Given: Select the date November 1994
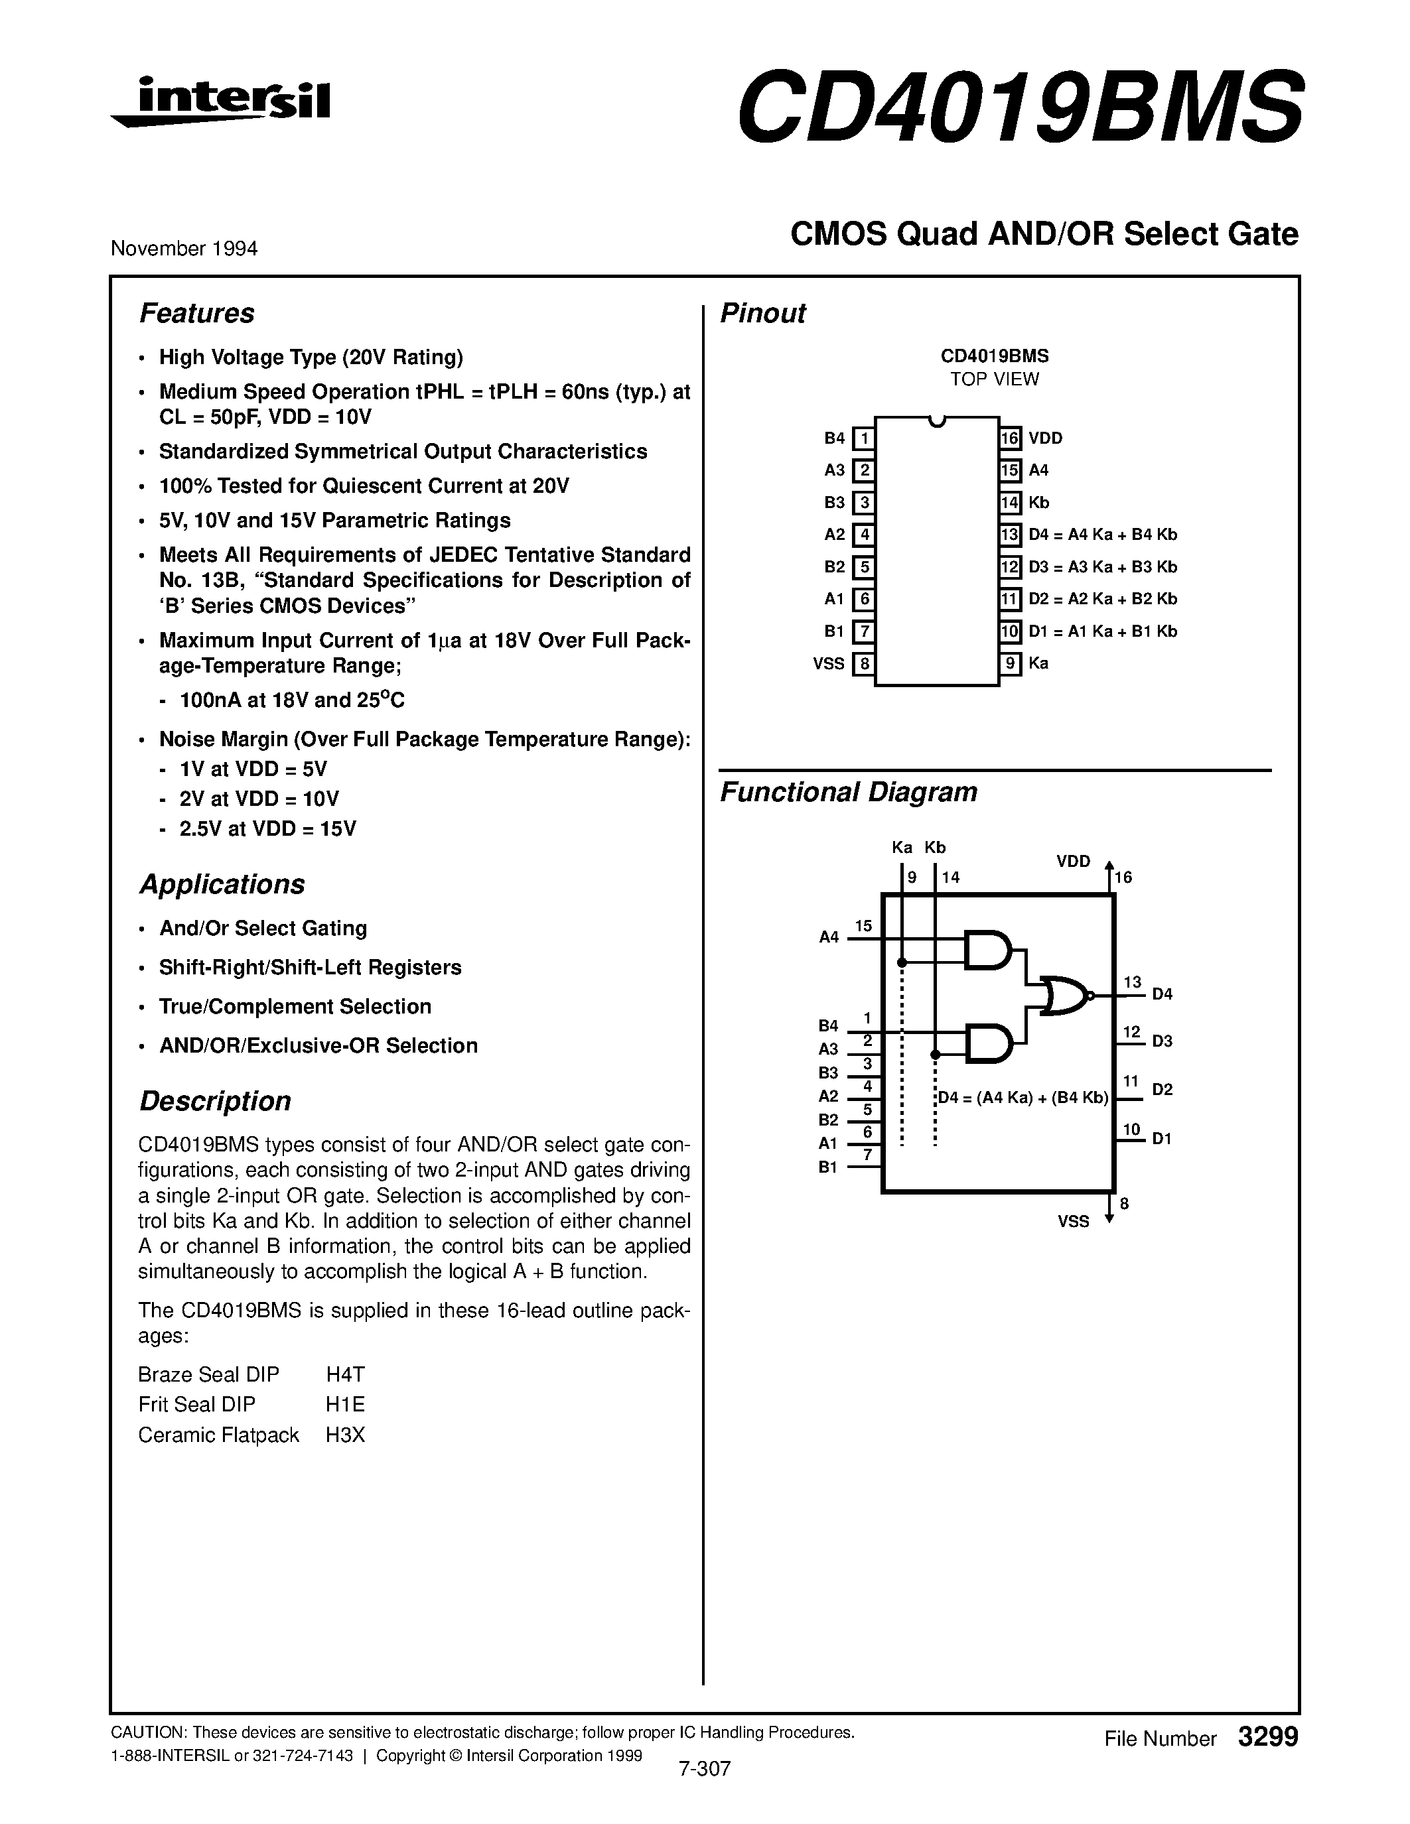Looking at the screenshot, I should [x=184, y=249].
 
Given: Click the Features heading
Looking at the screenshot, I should [x=196, y=313].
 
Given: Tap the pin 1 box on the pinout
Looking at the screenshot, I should [x=864, y=438].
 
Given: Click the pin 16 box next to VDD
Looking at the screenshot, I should [x=1011, y=438].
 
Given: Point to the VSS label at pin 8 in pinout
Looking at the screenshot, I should [x=829, y=664].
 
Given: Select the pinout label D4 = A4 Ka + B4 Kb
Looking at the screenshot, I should [x=1103, y=535].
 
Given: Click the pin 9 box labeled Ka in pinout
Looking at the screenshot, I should [x=1011, y=664].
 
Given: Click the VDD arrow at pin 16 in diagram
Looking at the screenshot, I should [x=1109, y=873].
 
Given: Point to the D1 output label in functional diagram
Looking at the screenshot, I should [x=1162, y=1138].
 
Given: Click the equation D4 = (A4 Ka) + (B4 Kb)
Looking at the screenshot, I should [x=1022, y=1098].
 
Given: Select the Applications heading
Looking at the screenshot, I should [x=222, y=884].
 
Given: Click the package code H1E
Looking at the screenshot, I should [x=345, y=1405].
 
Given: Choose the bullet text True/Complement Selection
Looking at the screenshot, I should [x=295, y=1006].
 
